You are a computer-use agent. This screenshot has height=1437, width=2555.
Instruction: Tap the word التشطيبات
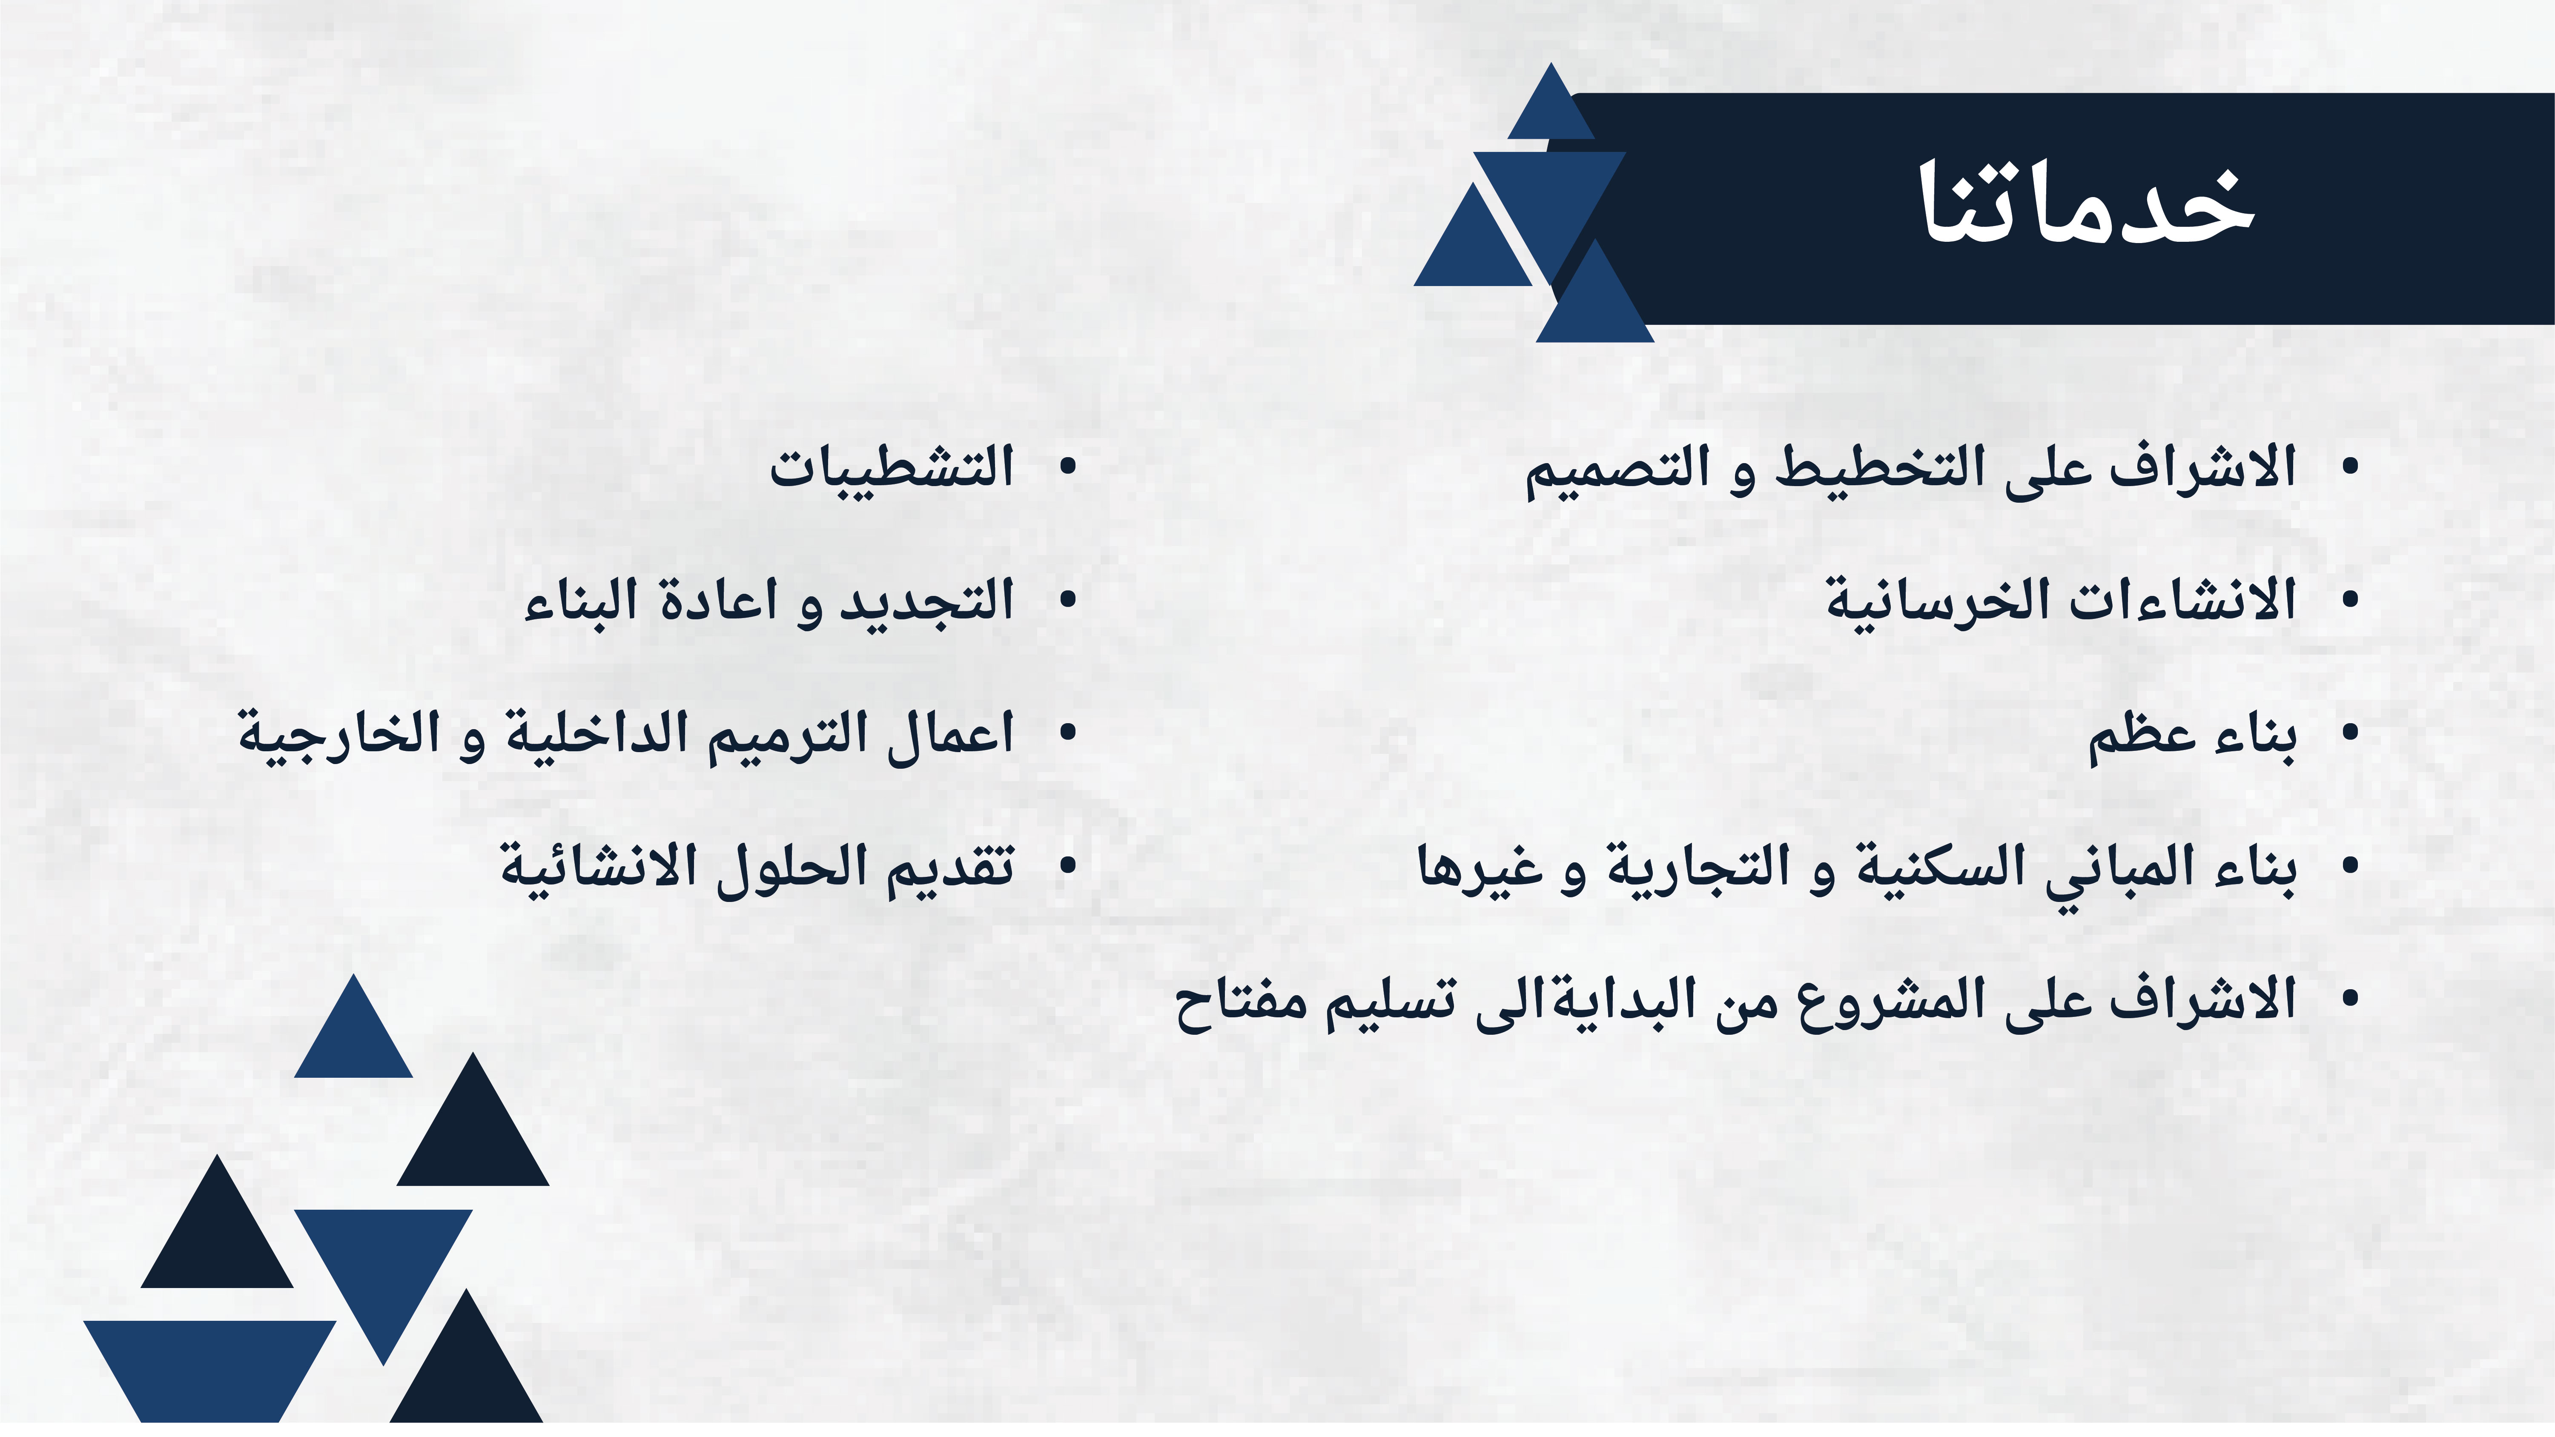(x=892, y=466)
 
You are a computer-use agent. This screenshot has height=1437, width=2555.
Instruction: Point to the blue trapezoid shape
(x=209, y=1371)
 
